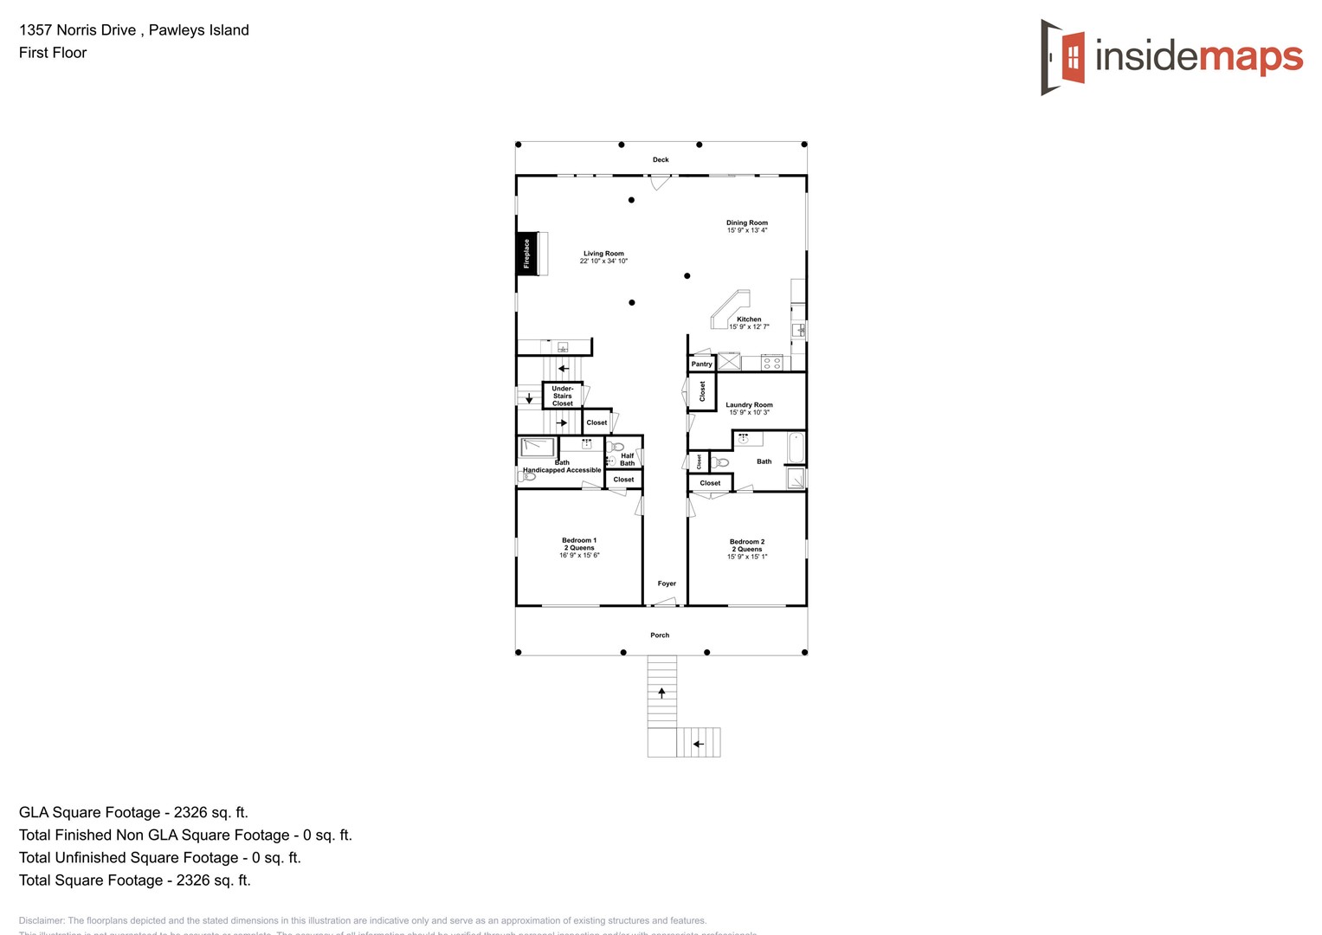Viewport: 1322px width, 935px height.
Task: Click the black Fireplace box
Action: (525, 254)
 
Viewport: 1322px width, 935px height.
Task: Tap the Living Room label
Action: (603, 254)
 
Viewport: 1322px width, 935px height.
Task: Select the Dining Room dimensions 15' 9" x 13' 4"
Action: (747, 230)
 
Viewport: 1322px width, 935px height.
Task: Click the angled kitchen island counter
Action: (729, 308)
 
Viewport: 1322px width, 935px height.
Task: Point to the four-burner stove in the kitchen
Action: (772, 363)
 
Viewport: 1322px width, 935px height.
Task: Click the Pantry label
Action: (701, 364)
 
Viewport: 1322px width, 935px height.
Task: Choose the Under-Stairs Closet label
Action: (563, 396)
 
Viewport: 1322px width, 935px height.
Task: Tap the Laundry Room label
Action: (749, 405)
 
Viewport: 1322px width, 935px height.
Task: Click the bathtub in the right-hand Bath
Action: (796, 448)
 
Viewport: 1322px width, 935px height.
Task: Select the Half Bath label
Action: (627, 459)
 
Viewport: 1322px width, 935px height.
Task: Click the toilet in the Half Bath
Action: (616, 447)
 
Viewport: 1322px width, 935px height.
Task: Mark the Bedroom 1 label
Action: (579, 540)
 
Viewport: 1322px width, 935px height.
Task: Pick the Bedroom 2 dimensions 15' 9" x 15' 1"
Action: (747, 557)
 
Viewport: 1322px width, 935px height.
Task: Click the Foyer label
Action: (667, 584)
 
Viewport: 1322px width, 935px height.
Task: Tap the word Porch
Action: (660, 635)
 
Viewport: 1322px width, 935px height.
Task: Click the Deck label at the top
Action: (661, 160)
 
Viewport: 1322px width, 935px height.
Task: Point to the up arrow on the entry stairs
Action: (662, 692)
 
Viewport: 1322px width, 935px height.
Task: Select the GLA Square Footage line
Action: (133, 812)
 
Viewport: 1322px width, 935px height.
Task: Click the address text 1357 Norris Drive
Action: (78, 30)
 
